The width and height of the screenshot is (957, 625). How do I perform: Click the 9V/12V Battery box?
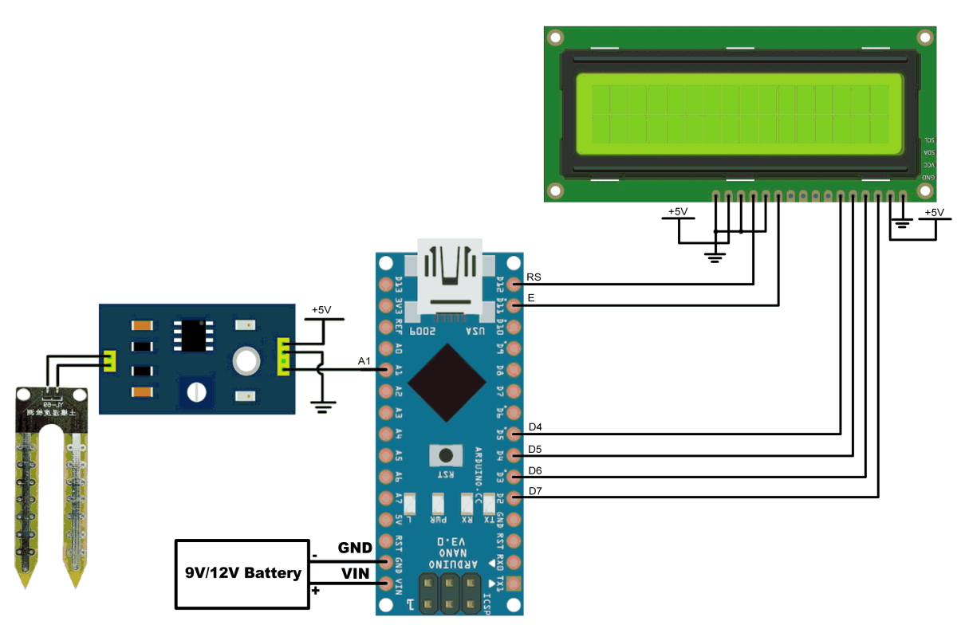[242, 573]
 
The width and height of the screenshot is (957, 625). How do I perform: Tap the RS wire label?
[534, 278]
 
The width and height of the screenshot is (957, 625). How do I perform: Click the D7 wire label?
[535, 491]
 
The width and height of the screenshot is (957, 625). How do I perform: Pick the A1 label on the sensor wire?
[364, 362]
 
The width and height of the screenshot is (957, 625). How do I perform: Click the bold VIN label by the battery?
[355, 572]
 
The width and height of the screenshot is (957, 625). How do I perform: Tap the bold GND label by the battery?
[355, 548]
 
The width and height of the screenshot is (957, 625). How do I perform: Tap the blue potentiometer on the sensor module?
[194, 391]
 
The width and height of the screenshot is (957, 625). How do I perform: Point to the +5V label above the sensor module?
[321, 309]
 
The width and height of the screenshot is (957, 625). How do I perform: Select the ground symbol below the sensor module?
[322, 408]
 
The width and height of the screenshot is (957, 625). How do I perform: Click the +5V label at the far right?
[933, 213]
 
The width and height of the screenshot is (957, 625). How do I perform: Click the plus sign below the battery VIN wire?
[316, 591]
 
